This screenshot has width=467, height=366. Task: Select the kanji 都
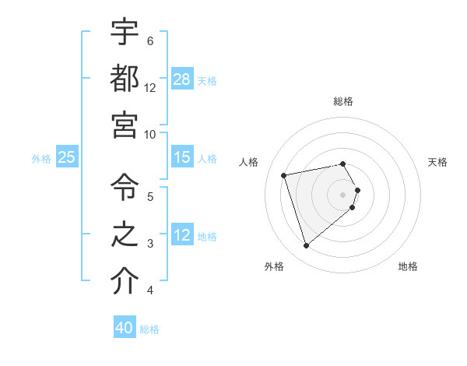pos(125,78)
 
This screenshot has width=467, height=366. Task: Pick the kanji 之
pos(125,235)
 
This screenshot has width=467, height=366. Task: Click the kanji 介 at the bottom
pos(125,281)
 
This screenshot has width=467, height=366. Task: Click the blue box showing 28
pos(182,79)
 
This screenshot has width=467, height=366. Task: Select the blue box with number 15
pos(182,157)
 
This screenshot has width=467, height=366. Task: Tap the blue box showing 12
pos(182,236)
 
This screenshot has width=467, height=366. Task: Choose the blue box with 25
pos(67,157)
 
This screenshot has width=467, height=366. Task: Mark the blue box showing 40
pos(125,328)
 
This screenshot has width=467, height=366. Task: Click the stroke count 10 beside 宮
pos(150,134)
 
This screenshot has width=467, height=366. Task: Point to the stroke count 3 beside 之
pos(150,244)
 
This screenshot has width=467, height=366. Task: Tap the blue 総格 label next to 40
pos(149,329)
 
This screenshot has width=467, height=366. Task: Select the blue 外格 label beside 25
pos(41,159)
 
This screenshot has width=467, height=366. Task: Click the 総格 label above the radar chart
pos(343,101)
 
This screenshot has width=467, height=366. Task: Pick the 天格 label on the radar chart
pos(437,162)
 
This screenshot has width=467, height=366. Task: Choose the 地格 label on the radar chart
pos(408,266)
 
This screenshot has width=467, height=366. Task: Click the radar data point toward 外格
pos(307,246)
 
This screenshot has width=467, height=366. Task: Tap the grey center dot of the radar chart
pos(343,194)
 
